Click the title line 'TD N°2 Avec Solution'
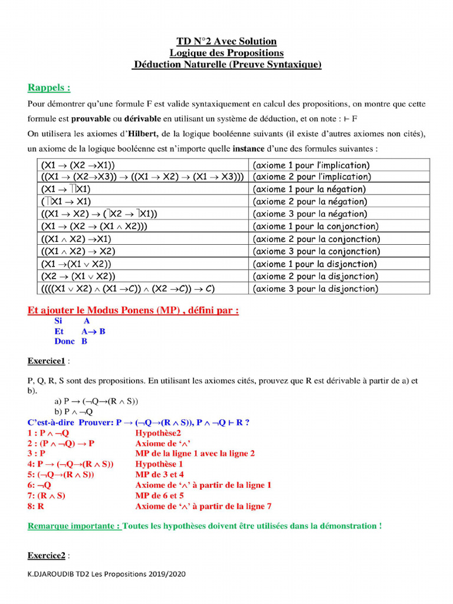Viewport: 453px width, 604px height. click(x=226, y=41)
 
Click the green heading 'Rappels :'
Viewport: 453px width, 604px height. click(x=49, y=87)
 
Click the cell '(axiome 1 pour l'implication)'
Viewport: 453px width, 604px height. click(x=311, y=165)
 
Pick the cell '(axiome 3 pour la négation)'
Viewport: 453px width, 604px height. click(x=310, y=214)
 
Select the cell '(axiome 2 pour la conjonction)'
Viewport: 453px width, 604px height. click(x=316, y=239)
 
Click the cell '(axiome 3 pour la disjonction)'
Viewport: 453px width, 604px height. click(x=315, y=288)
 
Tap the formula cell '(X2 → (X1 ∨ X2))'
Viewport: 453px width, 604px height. click(x=78, y=276)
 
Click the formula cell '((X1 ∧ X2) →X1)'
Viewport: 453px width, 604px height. click(x=76, y=239)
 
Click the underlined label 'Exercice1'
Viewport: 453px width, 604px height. click(x=46, y=360)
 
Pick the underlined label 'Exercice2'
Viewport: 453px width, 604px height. click(x=46, y=555)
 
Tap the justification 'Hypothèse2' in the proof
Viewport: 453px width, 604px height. click(x=158, y=433)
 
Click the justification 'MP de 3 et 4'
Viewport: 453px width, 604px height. click(x=159, y=474)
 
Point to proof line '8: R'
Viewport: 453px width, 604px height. click(x=36, y=506)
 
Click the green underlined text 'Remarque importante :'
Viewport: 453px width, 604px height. click(x=74, y=526)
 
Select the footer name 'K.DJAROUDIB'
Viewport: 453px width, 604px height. click(x=48, y=574)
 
